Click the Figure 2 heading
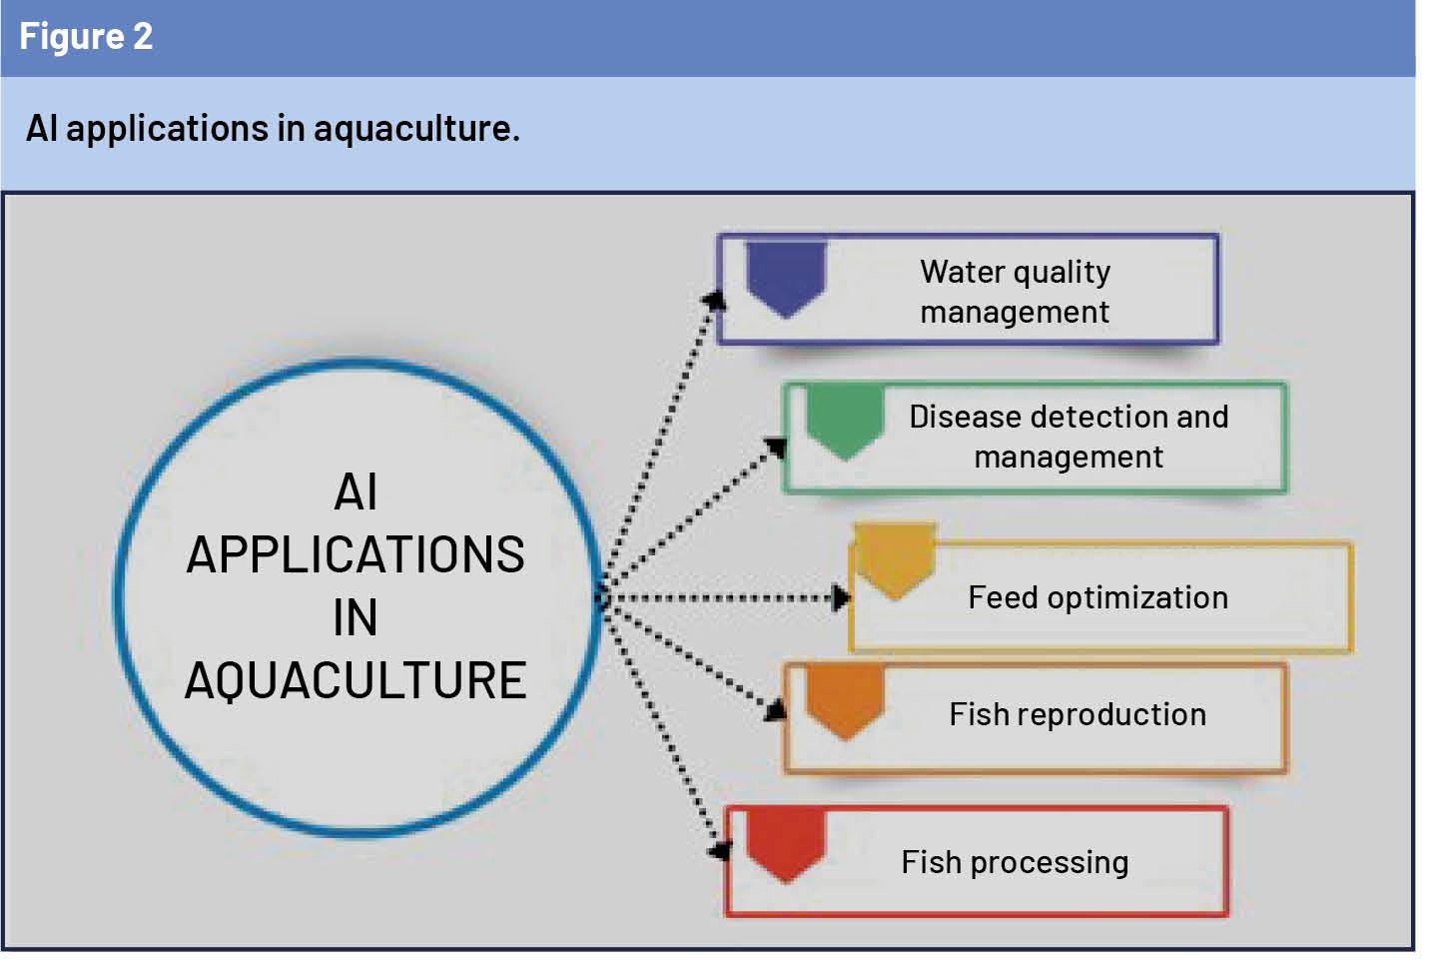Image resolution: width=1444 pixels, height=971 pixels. [x=86, y=37]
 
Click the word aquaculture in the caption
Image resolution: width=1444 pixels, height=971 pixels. [x=415, y=129]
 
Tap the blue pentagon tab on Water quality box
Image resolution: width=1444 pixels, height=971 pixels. [x=786, y=277]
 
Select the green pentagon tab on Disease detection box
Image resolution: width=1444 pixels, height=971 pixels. [x=845, y=421]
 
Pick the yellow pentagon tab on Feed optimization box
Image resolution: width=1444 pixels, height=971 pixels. [x=896, y=560]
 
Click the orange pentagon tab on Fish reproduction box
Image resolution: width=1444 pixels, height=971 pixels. [x=846, y=700]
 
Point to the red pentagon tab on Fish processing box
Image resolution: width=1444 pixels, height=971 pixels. [x=786, y=844]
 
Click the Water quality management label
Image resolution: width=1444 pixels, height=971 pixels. [x=1015, y=292]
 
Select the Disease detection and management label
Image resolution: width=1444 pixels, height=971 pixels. [x=1069, y=437]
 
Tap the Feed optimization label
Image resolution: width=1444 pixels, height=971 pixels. [x=1097, y=597]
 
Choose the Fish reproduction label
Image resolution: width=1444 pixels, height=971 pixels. [x=1078, y=714]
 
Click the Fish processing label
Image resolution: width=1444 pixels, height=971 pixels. [x=1015, y=862]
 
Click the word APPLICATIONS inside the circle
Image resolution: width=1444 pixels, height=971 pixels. [x=356, y=555]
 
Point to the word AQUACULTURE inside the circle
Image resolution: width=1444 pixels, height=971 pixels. [x=356, y=681]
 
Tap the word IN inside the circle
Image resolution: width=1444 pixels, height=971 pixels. [x=356, y=618]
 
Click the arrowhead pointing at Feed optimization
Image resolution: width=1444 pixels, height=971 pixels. [x=841, y=598]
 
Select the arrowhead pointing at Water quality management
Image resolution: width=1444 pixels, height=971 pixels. [x=715, y=299]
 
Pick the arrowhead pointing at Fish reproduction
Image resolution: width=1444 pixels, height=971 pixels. [x=777, y=709]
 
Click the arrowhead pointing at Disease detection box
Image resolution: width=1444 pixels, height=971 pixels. [x=776, y=447]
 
